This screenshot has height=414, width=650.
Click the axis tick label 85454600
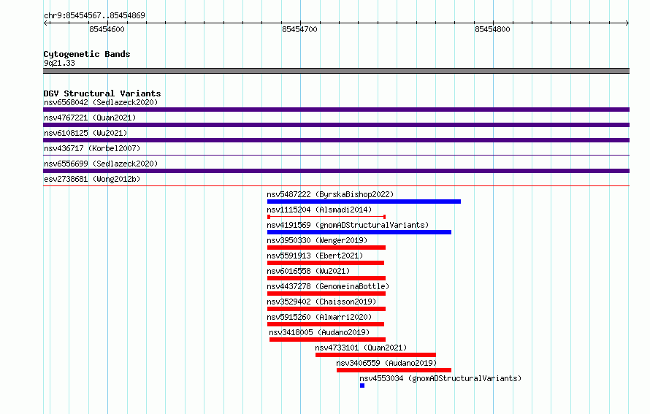(x=107, y=29)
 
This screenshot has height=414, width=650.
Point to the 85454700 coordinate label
(x=299, y=29)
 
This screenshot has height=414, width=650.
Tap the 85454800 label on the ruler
(x=492, y=29)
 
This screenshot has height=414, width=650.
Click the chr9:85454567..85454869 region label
(x=94, y=15)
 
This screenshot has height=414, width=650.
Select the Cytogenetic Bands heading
(x=87, y=54)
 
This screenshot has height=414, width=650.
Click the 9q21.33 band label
(x=59, y=63)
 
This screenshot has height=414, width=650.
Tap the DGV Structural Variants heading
(x=102, y=93)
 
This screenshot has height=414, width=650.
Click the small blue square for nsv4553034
(x=362, y=386)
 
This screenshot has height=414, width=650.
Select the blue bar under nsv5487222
(x=364, y=202)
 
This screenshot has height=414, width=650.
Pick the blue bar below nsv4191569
(x=359, y=232)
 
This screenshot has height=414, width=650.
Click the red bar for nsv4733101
(x=375, y=355)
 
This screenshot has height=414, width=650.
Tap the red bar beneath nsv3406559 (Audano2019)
(x=394, y=370)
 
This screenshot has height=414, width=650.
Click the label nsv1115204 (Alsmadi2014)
(x=319, y=210)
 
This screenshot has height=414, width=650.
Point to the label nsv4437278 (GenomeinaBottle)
(x=328, y=286)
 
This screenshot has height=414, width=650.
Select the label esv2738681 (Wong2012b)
(x=92, y=179)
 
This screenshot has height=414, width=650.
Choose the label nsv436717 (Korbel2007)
(x=92, y=148)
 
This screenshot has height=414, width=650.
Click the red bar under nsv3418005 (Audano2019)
(x=327, y=340)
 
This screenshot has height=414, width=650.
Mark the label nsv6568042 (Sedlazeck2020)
(x=101, y=102)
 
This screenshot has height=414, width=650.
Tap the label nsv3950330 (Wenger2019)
(x=317, y=240)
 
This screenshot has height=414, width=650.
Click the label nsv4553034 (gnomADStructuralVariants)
(x=440, y=378)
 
